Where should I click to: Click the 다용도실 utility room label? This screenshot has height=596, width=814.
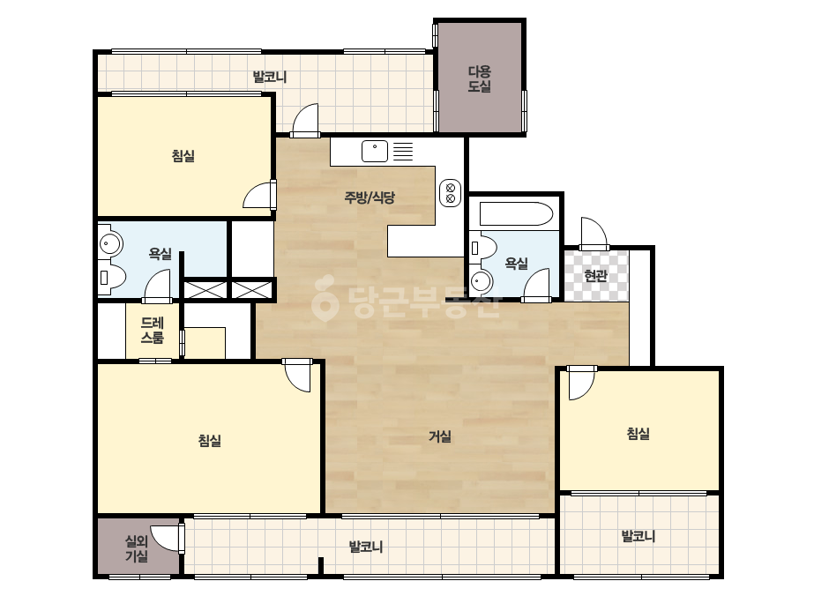tap(479, 79)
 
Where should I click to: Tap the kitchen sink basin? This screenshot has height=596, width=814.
tap(375, 151)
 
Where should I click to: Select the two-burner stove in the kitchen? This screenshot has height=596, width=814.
tap(450, 192)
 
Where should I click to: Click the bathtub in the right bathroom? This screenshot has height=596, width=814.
tap(517, 214)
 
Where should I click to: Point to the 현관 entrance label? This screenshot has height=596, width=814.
tap(595, 276)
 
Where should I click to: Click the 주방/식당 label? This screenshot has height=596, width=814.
tap(370, 197)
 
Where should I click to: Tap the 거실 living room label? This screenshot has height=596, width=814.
tap(440, 436)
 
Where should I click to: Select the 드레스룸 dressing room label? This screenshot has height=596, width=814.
tap(152, 331)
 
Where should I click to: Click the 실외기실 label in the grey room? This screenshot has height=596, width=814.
tap(137, 548)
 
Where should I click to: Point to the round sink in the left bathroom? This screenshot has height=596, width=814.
tap(109, 242)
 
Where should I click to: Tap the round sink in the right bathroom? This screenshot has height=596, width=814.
tap(481, 282)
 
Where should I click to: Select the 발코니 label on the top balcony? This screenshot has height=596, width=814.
tap(270, 78)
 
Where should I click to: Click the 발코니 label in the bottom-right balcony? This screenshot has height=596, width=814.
tap(639, 536)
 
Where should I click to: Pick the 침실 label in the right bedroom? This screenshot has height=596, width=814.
tap(638, 434)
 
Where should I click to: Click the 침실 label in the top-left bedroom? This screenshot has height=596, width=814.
tap(183, 156)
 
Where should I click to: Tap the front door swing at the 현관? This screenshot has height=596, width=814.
tap(594, 233)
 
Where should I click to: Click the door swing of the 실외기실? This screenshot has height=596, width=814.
tap(168, 538)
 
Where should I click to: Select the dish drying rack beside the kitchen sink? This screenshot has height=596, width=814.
tap(403, 151)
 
